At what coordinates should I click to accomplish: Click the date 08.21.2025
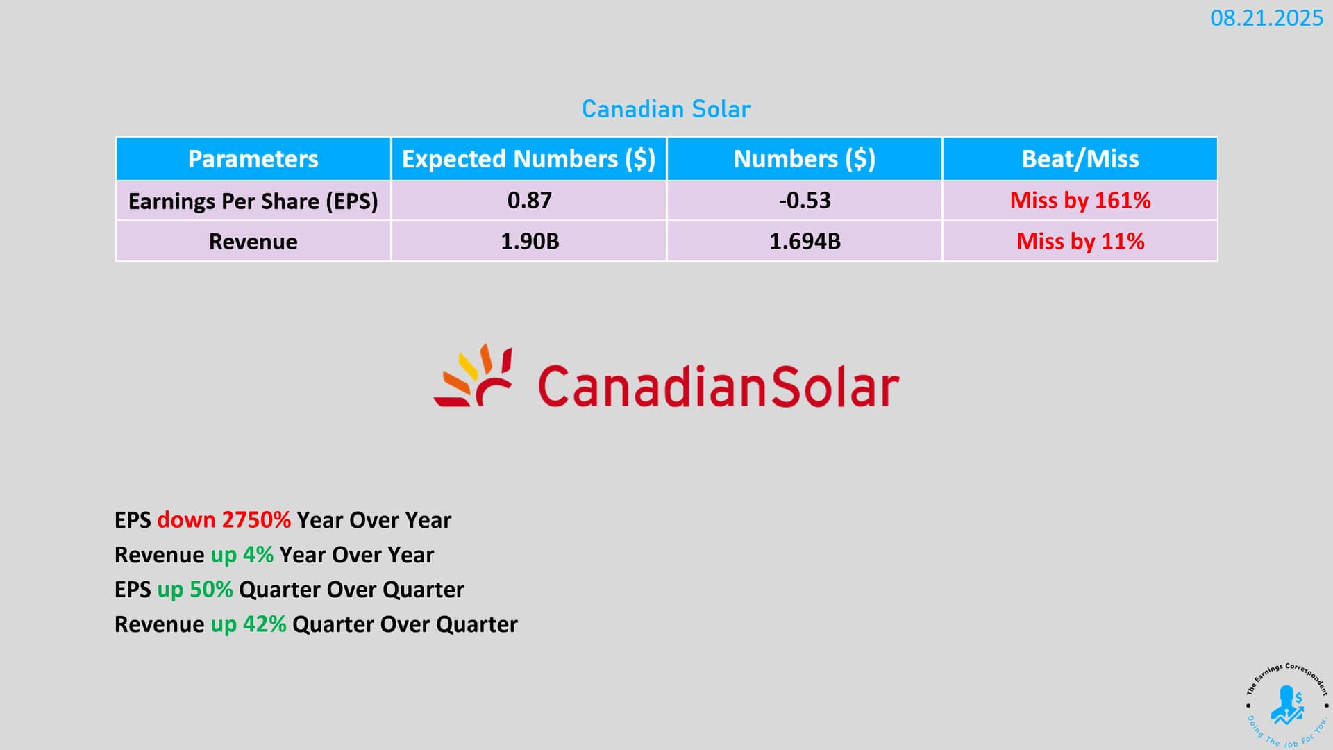click(x=1266, y=18)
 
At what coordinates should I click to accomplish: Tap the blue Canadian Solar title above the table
click(x=666, y=109)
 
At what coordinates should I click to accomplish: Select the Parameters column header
click(x=253, y=159)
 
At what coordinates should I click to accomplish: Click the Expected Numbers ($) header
click(x=528, y=159)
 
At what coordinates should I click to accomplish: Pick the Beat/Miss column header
click(x=1080, y=159)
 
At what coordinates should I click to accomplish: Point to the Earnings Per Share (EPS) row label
click(x=253, y=201)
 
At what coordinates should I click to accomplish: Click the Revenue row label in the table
click(x=253, y=242)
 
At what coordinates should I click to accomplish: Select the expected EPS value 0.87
click(x=529, y=201)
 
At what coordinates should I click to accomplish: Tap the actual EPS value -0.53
click(x=805, y=201)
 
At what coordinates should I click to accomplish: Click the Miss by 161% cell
click(x=1080, y=201)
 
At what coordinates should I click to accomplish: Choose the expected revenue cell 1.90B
click(x=530, y=242)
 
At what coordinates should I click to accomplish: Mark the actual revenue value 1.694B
click(x=805, y=242)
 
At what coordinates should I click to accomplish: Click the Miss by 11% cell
click(x=1080, y=242)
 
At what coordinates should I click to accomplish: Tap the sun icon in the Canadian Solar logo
click(x=473, y=375)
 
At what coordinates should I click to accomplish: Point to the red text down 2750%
click(x=224, y=520)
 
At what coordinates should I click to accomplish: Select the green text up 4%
click(x=242, y=555)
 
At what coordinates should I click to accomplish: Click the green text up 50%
click(x=194, y=590)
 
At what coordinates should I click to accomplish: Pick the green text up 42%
click(x=248, y=624)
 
